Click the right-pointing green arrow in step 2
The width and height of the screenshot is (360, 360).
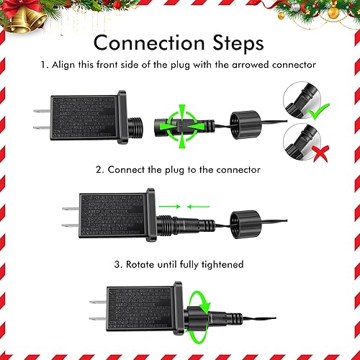170,207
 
